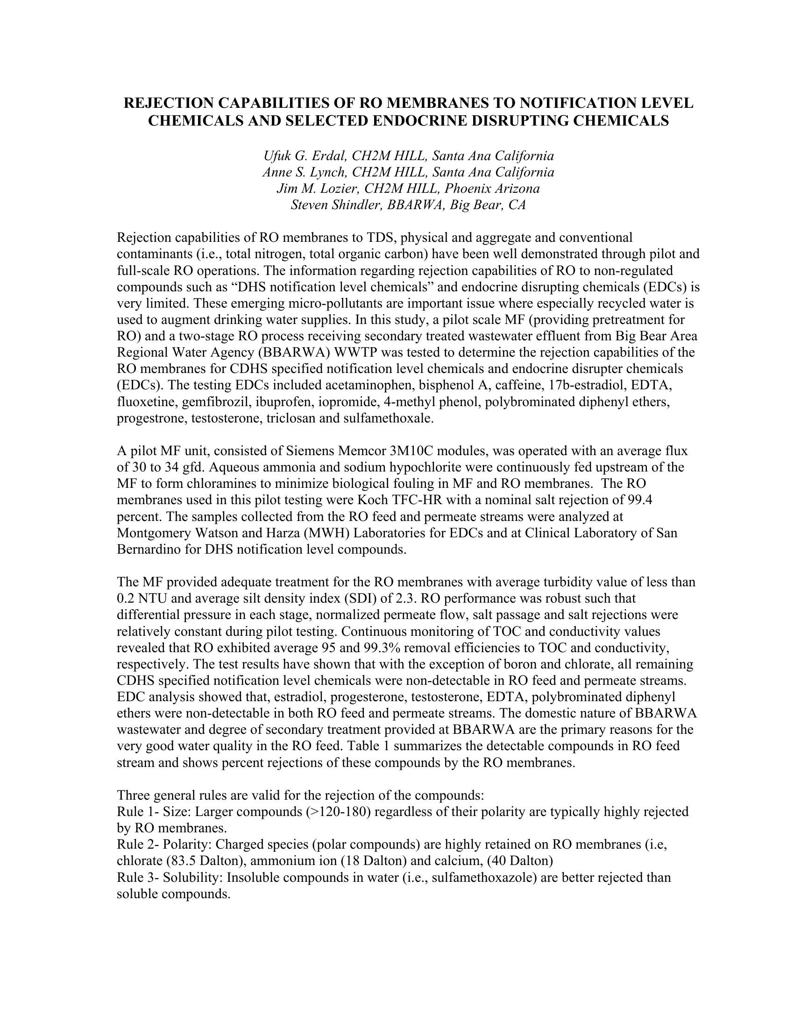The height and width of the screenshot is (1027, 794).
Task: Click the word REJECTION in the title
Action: [x=166, y=103]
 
